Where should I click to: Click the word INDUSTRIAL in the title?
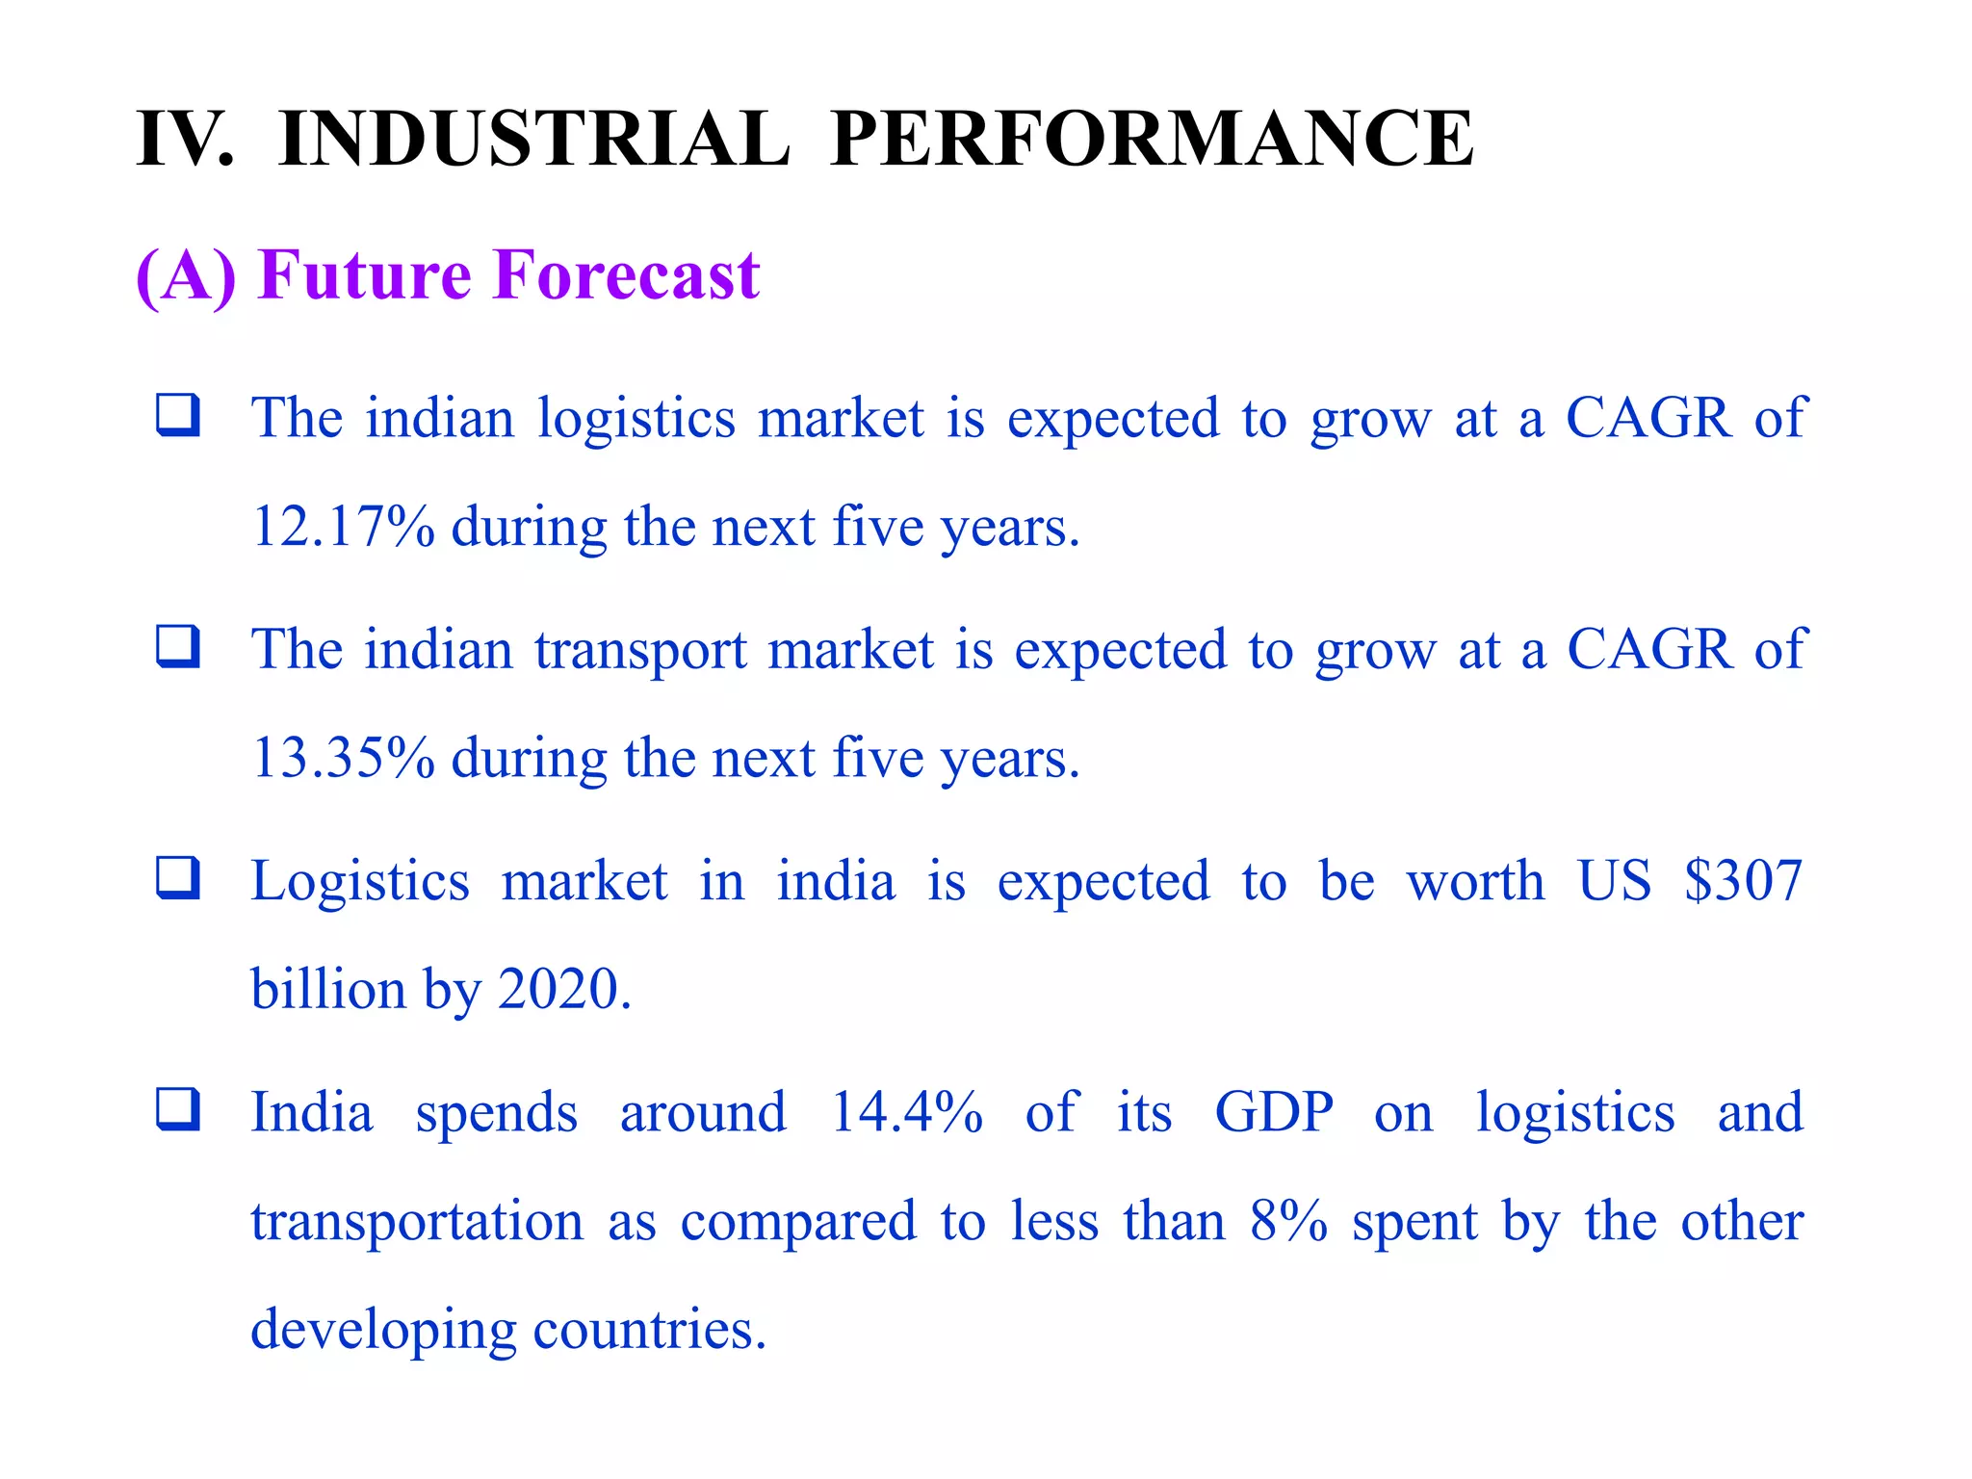coord(533,139)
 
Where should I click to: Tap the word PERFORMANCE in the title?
coord(1151,139)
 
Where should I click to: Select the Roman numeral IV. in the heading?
coord(185,139)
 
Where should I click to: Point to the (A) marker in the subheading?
coord(186,275)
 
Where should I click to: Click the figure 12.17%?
coord(343,527)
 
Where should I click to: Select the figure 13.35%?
coord(343,758)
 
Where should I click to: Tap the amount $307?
coord(1743,881)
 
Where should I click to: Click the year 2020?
coord(563,989)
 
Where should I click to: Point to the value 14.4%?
coord(906,1112)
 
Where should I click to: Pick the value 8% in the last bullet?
coord(1288,1221)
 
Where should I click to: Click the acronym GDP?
coord(1274,1112)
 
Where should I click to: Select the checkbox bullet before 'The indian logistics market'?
coord(178,415)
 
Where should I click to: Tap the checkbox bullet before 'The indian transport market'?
coord(178,646)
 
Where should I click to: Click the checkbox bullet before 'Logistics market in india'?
coord(178,877)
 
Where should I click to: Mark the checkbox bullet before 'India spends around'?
coord(178,1108)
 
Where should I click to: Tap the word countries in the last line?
coord(649,1330)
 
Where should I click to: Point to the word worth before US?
coord(1475,881)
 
